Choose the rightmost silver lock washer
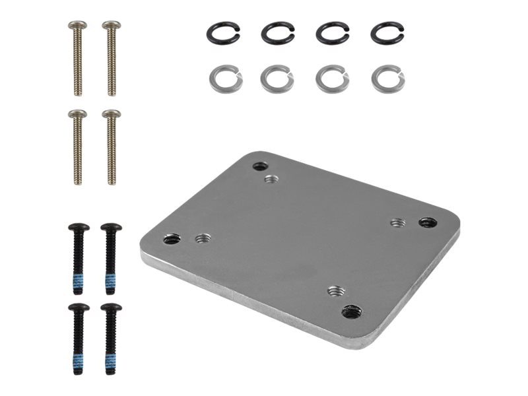pyautogui.click(x=388, y=80)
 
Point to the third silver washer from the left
pyautogui.click(x=332, y=80)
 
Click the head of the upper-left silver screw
pyautogui.click(x=77, y=25)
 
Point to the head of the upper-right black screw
pyautogui.click(x=111, y=228)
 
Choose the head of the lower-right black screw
pyautogui.click(x=111, y=308)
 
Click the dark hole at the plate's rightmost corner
pyautogui.click(x=428, y=222)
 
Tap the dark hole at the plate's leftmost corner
pyautogui.click(x=172, y=239)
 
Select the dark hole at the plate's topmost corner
pyautogui.click(x=260, y=166)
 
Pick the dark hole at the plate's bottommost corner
pyautogui.click(x=351, y=311)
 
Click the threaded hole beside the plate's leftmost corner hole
pyautogui.click(x=203, y=238)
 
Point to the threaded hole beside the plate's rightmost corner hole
pyautogui.click(x=397, y=223)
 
